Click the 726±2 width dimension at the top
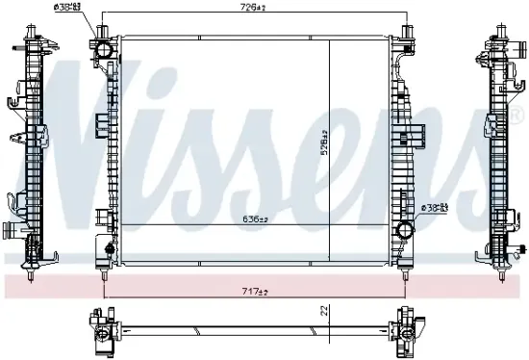253,8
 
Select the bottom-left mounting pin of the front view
103,273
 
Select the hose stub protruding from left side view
9,231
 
